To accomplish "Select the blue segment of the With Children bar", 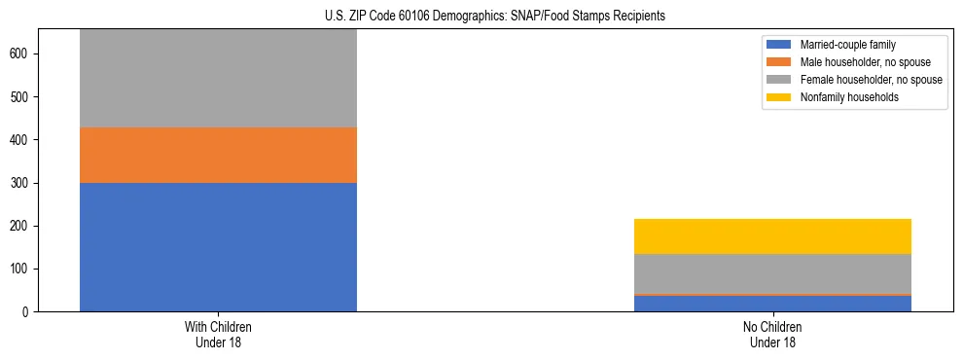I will tap(218, 247).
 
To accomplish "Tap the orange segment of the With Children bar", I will tap(218, 155).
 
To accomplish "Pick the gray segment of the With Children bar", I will tap(218, 78).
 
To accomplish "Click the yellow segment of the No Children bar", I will tap(772, 236).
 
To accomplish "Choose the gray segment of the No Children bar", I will tap(772, 273).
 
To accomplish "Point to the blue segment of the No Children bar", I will tap(772, 304).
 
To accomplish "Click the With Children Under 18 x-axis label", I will tap(218, 335).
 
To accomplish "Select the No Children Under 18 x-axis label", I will tap(772, 335).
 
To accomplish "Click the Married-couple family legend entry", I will tap(847, 45).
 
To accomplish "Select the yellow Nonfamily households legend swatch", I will tap(779, 97).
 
